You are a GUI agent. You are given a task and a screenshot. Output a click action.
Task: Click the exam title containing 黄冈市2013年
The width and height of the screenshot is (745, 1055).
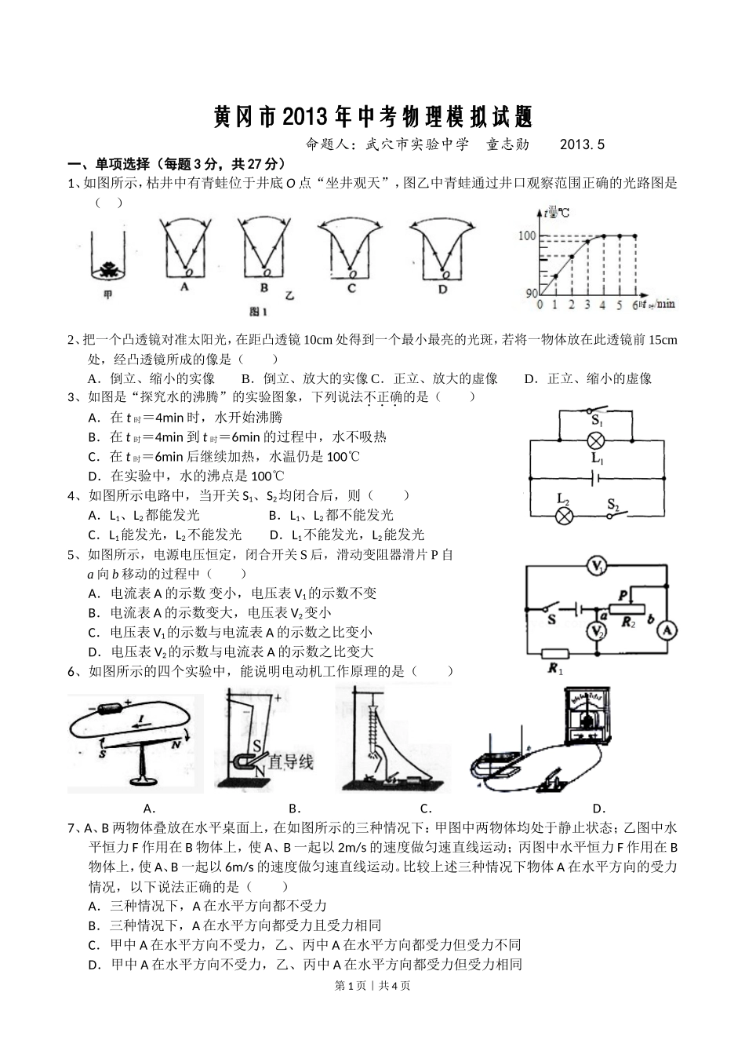click(x=372, y=118)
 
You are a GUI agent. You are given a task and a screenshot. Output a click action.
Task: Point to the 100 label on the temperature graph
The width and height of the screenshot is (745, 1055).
click(x=526, y=236)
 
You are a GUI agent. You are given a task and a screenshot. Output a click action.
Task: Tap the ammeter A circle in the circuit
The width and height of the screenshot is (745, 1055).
click(x=666, y=630)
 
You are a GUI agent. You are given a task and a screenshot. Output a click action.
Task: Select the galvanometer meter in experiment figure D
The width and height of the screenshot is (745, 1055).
click(x=587, y=714)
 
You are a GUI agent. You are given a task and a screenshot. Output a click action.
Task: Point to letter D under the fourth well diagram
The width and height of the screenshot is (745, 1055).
click(x=442, y=289)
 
